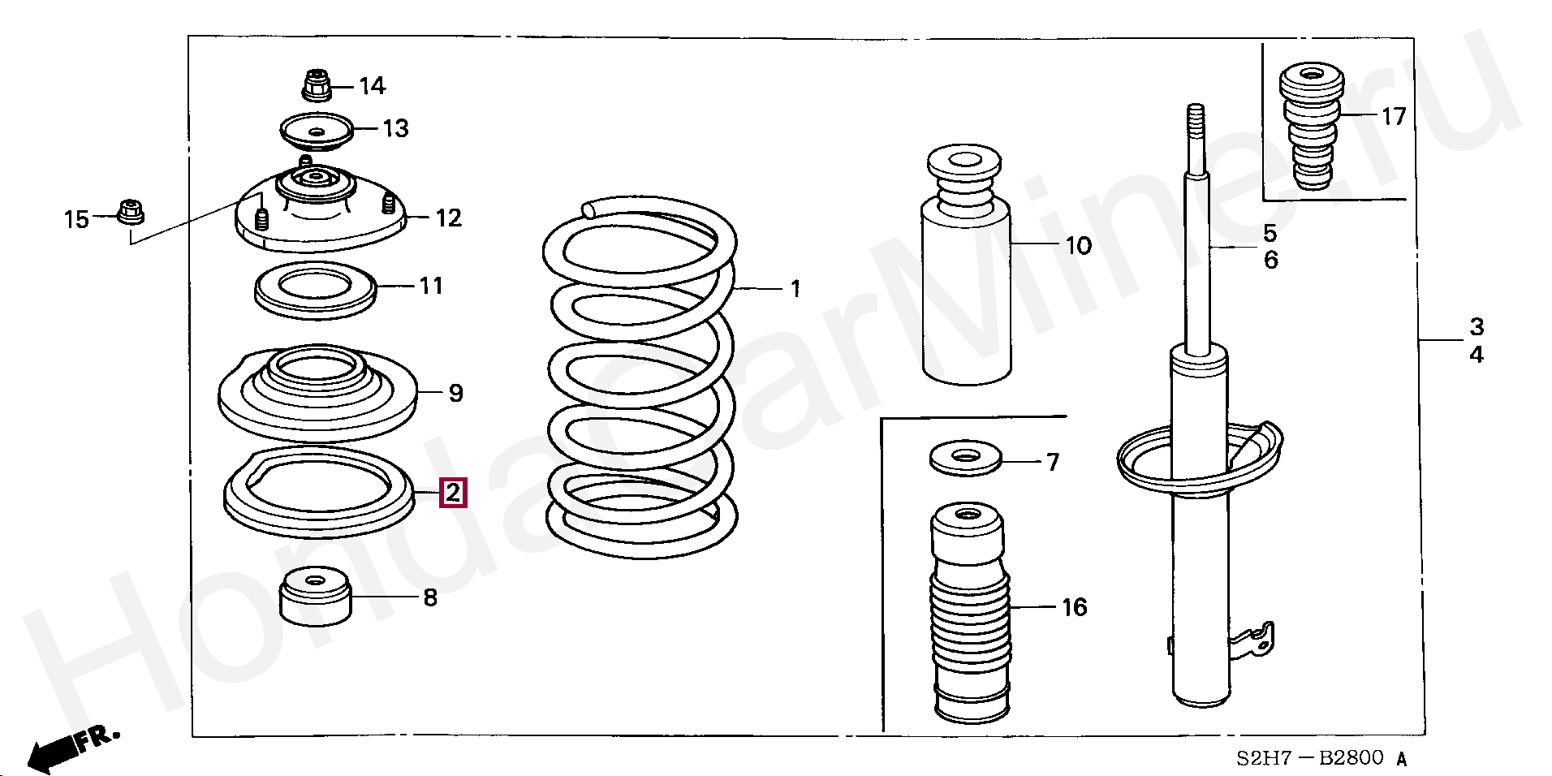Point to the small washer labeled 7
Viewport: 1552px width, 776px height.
point(964,459)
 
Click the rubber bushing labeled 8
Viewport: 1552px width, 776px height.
point(315,597)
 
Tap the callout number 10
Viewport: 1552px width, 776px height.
point(1078,245)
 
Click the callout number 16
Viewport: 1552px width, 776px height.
point(1074,607)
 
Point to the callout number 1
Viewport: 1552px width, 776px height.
point(795,288)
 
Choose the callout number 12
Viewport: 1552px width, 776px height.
point(448,218)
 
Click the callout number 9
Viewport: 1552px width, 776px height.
point(455,394)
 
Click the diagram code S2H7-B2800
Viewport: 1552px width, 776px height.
point(1309,758)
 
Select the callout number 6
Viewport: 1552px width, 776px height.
point(1270,261)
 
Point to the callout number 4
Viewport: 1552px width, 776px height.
point(1476,355)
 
